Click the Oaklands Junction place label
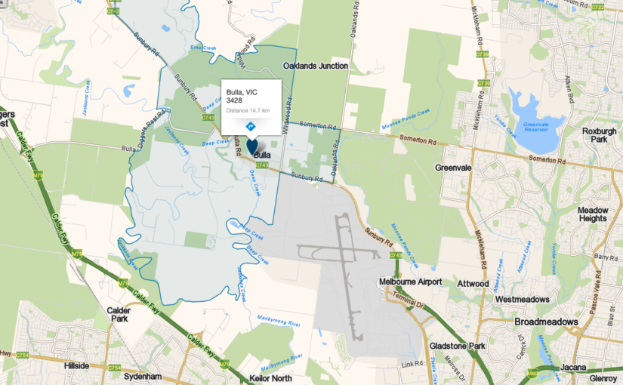point(316,66)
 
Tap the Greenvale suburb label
point(454,168)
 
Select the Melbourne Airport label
point(410,282)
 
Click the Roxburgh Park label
point(600,135)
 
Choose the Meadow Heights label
point(592,214)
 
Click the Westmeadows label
point(522,299)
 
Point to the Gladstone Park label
point(456,345)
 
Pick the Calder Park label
point(117,313)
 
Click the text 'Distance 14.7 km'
point(248,110)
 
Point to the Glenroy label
point(605,378)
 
